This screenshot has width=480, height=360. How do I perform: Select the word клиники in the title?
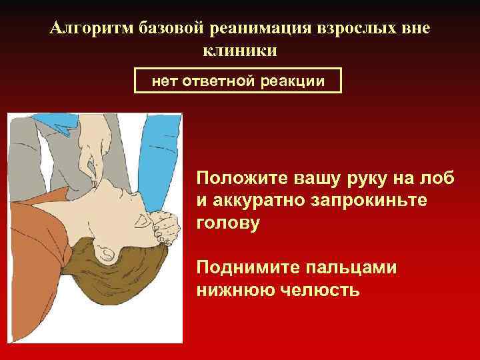(x=240, y=50)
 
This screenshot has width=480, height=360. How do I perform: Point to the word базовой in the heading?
(x=173, y=28)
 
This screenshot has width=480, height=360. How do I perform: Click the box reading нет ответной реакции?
(x=238, y=81)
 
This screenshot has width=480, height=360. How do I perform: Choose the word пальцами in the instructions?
(x=351, y=268)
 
